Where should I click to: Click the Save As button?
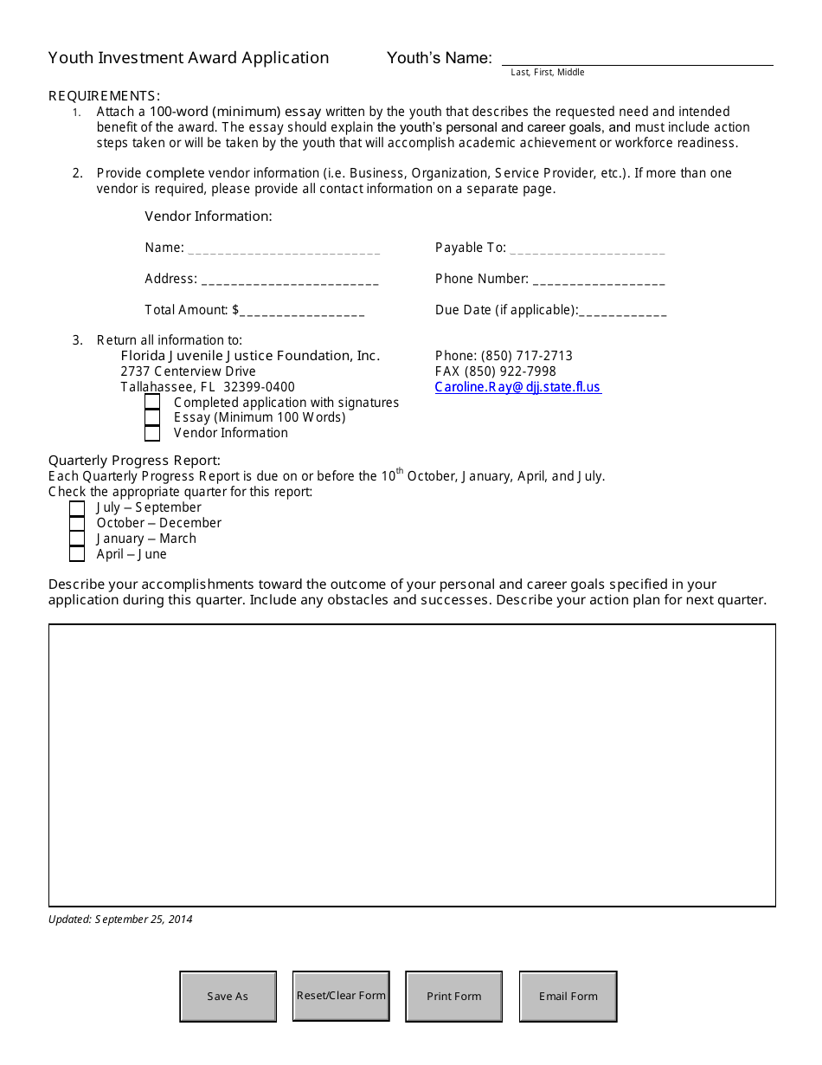228,996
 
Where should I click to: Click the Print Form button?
454,996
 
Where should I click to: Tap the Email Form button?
568,996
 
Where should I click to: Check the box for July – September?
77,508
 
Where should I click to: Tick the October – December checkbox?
77,524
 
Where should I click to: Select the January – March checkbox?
77,539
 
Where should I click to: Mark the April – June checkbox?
77,554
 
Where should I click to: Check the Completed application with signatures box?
152,403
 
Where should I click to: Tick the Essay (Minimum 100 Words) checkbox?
152,417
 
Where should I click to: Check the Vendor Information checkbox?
152,433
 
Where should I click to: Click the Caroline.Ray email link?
517,387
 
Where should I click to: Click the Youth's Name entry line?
637,57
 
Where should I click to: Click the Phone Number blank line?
599,281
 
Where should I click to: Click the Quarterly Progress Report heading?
134,460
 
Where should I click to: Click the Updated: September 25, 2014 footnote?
120,920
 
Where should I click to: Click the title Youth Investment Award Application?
189,58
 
